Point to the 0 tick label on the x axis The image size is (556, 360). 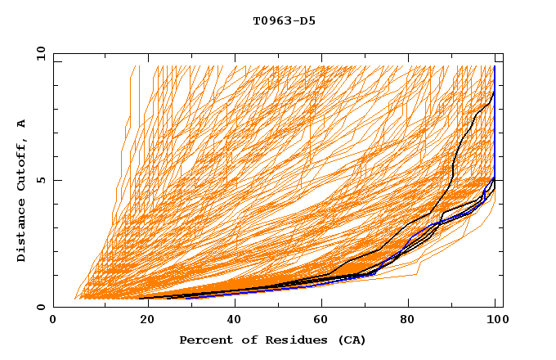point(53,320)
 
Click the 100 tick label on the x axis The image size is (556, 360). point(496,320)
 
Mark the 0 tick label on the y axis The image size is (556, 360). point(40,307)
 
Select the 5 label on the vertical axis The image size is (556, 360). point(40,180)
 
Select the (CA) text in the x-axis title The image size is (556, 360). point(351,340)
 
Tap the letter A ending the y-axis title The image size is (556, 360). point(21,123)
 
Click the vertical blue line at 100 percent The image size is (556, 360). point(495,123)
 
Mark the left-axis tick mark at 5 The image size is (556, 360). point(56,180)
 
